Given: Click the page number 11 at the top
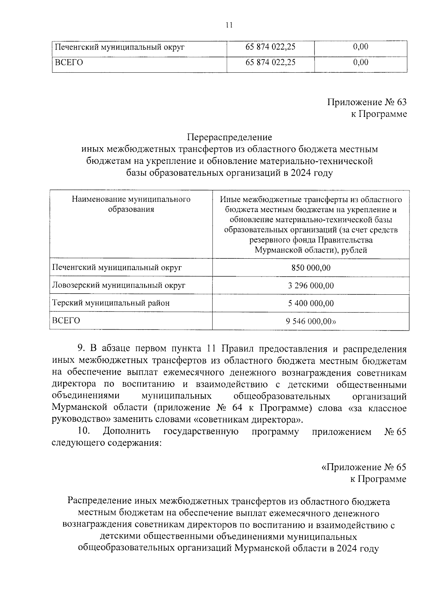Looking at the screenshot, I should (x=229, y=25).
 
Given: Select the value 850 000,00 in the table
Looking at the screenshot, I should (x=311, y=268).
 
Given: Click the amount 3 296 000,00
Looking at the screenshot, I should (x=311, y=285).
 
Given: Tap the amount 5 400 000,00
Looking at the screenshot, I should (x=311, y=303).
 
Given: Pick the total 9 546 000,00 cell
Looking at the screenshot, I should (x=311, y=321).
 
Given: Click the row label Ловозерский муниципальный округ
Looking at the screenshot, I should (x=119, y=285).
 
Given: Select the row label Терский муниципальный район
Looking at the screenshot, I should (x=111, y=303).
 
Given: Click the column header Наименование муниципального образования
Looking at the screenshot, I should (x=131, y=204).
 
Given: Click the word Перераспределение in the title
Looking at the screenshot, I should (x=229, y=137).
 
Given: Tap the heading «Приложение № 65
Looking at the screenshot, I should (x=363, y=467).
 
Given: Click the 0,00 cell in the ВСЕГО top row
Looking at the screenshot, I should (x=361, y=62).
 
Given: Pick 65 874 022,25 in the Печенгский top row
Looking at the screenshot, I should (x=271, y=47).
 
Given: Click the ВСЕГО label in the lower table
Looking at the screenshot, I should (x=66, y=320).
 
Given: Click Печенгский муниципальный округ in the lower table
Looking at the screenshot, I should (x=117, y=268).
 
